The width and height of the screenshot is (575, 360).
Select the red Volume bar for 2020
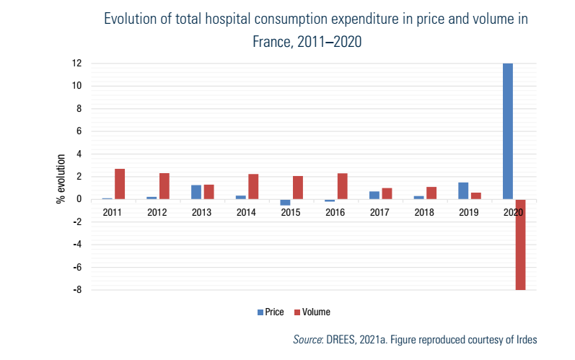(520, 245)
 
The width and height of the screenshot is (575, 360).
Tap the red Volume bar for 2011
(120, 184)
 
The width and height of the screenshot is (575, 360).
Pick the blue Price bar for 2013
(196, 192)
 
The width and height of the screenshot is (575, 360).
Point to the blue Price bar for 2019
(463, 190)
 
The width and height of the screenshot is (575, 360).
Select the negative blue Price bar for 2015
(285, 203)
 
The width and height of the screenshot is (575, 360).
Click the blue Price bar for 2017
(374, 195)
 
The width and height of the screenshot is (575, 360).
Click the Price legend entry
(271, 312)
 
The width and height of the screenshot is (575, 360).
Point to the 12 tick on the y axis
(76, 63)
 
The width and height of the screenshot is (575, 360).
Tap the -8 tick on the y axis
(76, 290)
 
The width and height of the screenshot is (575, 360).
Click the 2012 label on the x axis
(157, 213)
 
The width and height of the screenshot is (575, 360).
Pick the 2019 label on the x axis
(469, 213)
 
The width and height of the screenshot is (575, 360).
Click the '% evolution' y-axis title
(61, 177)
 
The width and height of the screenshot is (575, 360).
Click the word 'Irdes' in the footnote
(525, 339)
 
